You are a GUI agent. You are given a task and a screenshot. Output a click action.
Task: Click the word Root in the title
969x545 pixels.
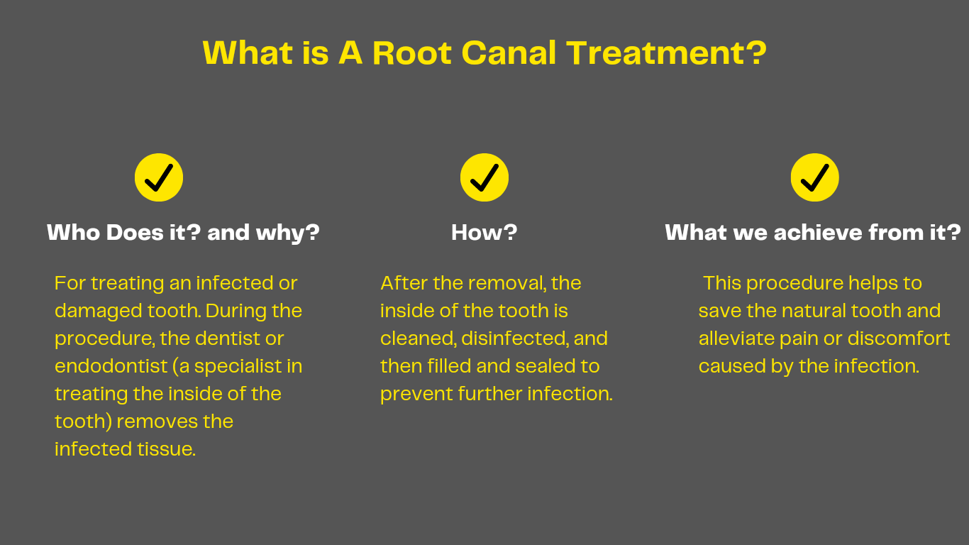click(412, 53)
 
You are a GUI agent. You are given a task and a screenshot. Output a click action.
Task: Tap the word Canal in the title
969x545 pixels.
click(509, 53)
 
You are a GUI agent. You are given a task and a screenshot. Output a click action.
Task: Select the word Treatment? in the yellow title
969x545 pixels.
click(667, 53)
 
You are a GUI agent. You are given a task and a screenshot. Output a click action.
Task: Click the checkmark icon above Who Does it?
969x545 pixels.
click(159, 177)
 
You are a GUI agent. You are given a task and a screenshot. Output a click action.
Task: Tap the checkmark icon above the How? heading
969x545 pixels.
click(484, 177)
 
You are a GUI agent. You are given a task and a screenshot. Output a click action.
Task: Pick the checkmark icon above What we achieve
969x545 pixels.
click(814, 177)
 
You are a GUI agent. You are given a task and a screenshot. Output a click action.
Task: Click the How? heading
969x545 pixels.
click(484, 233)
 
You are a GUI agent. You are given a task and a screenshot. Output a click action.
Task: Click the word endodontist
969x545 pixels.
click(111, 366)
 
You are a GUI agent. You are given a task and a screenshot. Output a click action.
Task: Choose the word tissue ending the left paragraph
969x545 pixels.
click(167, 449)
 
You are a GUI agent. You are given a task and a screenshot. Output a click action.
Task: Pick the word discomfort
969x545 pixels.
click(899, 338)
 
